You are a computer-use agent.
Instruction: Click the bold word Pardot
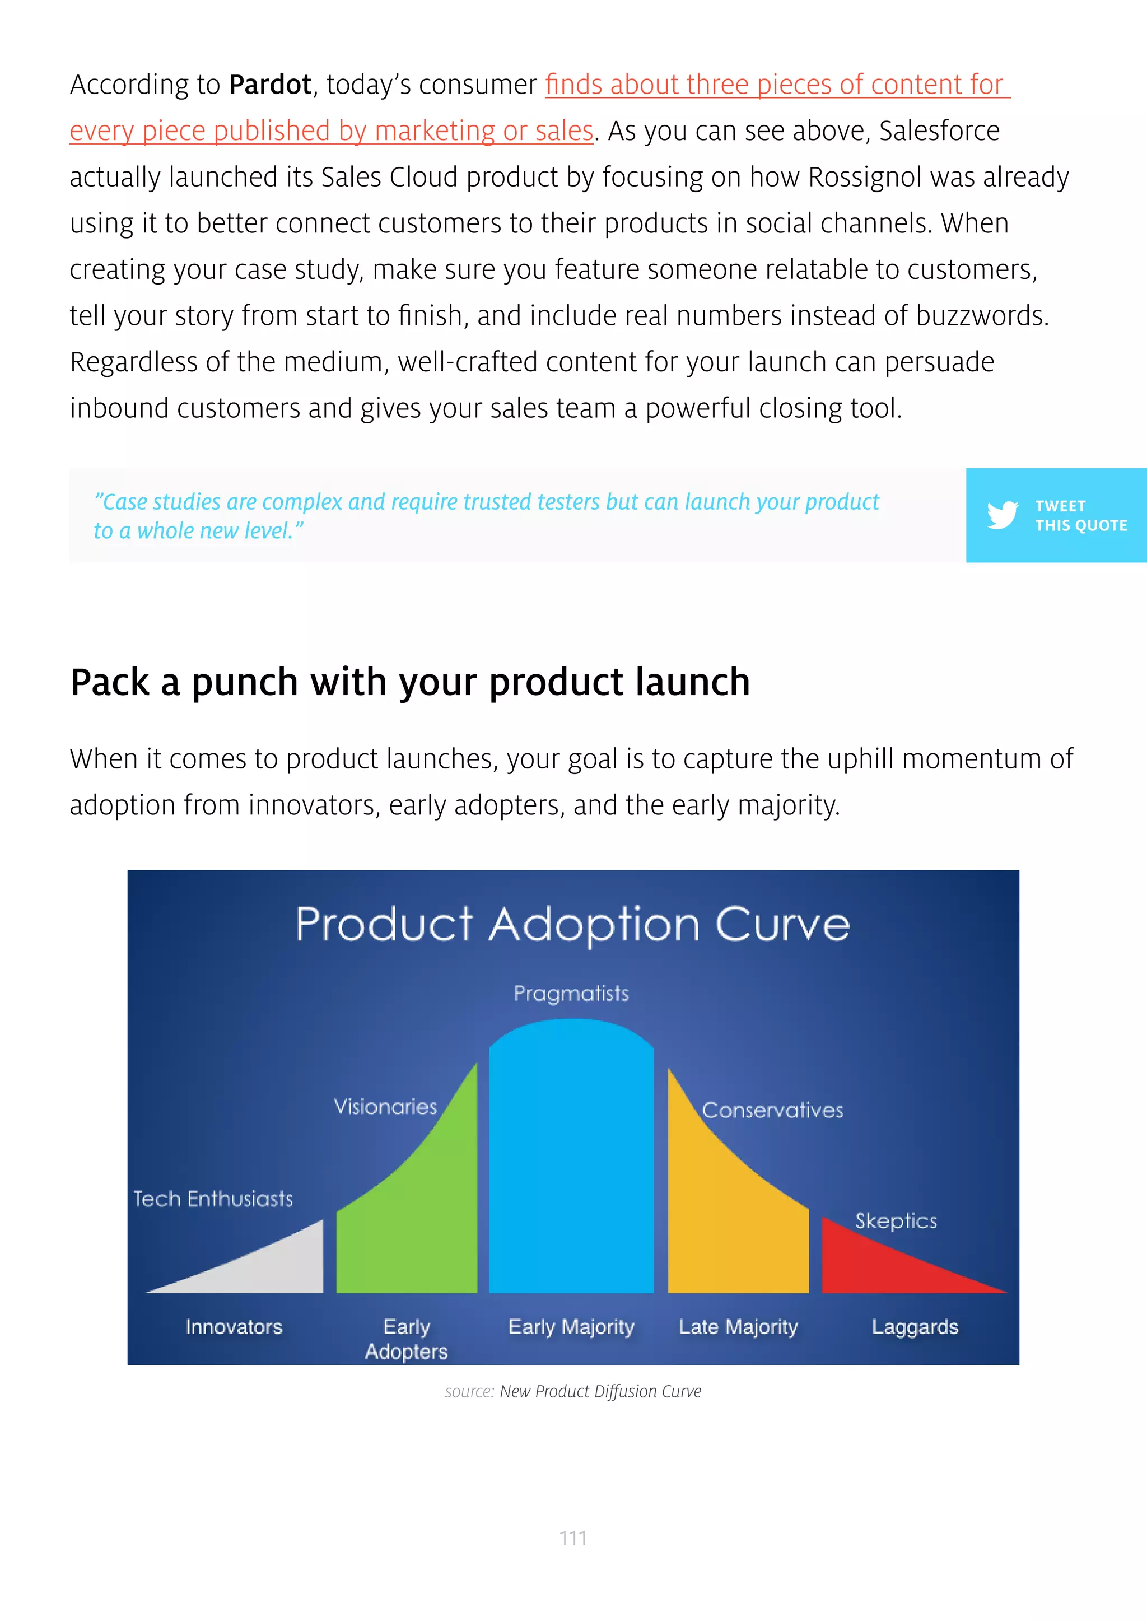[270, 85]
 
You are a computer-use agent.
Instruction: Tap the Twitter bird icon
[1002, 515]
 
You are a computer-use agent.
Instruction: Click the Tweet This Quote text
[1080, 516]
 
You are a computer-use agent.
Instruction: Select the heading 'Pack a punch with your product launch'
[409, 682]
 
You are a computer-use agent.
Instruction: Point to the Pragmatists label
[571, 993]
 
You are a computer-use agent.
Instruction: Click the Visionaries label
[385, 1106]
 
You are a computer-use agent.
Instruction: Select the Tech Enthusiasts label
[213, 1199]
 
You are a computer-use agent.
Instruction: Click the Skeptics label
[896, 1221]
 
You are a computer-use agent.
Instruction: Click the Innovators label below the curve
[234, 1327]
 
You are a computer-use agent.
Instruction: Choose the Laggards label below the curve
[915, 1327]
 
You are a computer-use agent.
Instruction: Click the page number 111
[573, 1538]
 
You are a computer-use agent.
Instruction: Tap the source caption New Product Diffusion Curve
[600, 1391]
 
